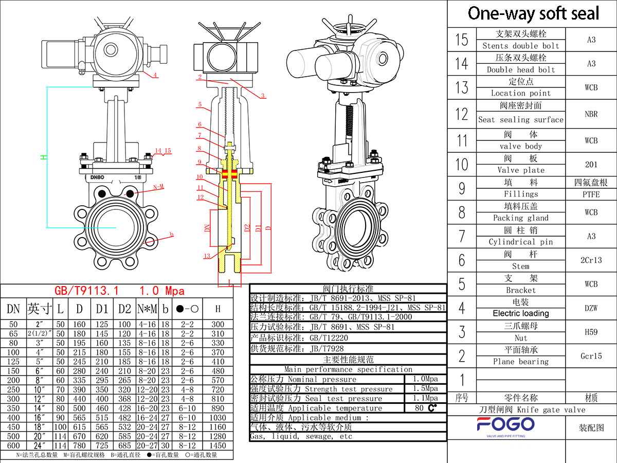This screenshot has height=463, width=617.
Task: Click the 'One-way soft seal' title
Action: coord(533,13)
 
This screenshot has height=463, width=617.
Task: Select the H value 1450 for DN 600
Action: coord(217,446)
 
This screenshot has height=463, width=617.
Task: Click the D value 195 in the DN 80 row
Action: coord(79,343)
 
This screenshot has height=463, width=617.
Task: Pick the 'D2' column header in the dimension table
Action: coord(124,309)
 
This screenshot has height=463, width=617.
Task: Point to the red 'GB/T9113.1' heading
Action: coord(86,291)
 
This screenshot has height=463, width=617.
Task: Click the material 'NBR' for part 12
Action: coord(591,114)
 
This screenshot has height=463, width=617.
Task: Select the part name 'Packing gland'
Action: coord(521,218)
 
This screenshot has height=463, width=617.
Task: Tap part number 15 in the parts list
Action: coord(462,40)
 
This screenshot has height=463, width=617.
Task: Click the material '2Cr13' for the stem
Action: coord(591,260)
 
